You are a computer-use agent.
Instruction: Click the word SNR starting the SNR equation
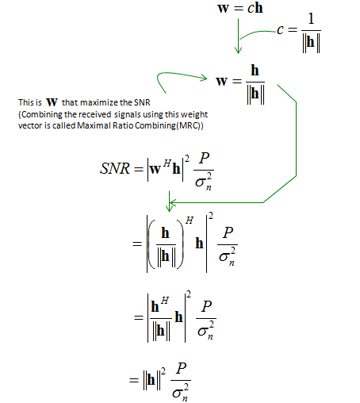[115, 168]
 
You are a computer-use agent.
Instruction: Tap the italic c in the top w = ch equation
[251, 9]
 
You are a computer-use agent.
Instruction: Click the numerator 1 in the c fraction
[311, 19]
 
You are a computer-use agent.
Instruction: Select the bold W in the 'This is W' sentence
[52, 102]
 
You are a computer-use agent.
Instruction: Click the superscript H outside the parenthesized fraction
[190, 220]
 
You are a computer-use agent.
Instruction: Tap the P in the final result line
[182, 368]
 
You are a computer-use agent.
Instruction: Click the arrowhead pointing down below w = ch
[238, 50]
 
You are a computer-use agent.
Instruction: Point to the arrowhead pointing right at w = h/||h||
[204, 78]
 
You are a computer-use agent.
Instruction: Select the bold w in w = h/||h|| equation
[222, 81]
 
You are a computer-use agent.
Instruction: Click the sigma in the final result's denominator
[177, 393]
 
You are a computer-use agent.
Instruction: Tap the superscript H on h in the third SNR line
[165, 300]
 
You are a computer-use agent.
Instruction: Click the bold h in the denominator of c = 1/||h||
[311, 42]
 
